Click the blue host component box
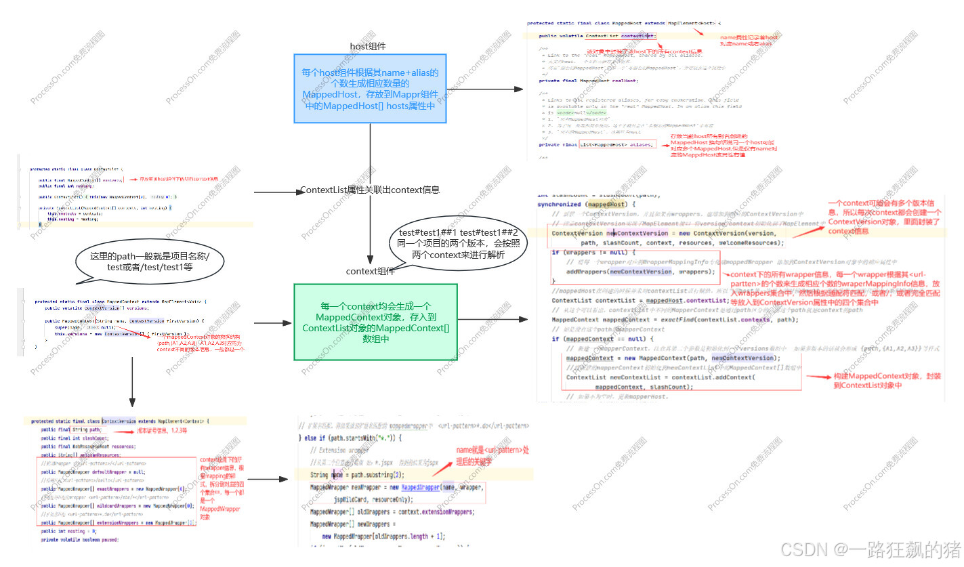tap(370, 89)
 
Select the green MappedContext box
tap(375, 322)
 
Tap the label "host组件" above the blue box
tap(368, 46)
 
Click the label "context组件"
tap(370, 271)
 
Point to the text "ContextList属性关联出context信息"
tap(370, 190)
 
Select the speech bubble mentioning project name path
tap(150, 263)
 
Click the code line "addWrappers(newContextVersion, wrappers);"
tap(641, 272)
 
